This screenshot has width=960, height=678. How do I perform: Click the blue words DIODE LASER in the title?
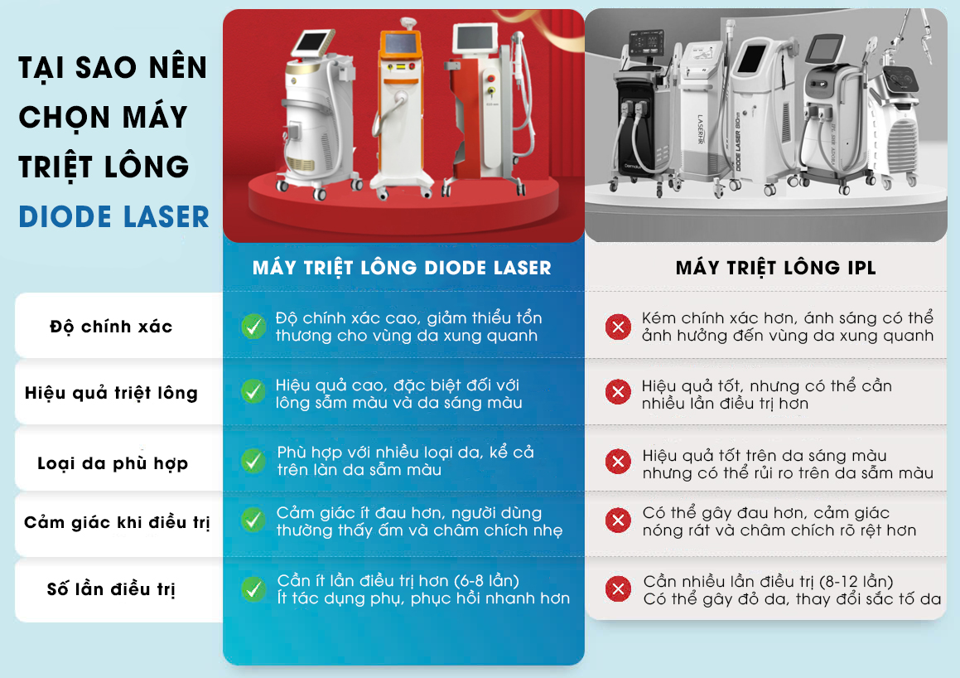[x=113, y=217]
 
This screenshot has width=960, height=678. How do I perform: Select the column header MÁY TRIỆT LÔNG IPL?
[x=776, y=268]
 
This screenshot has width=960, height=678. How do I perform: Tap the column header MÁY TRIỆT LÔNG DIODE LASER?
[x=402, y=268]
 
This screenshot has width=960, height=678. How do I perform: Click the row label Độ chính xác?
[x=111, y=327]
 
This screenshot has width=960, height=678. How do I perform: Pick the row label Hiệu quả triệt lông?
[x=111, y=393]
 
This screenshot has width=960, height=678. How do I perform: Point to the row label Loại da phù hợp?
[x=113, y=463]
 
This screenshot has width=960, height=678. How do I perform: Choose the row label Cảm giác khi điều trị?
[x=117, y=522]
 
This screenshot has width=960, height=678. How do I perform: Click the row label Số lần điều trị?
[x=111, y=589]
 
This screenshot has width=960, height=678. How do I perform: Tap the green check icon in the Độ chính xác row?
[x=253, y=327]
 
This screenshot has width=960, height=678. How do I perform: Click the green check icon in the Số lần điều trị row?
[x=253, y=589]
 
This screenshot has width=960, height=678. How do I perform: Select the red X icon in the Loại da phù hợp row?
[x=619, y=461]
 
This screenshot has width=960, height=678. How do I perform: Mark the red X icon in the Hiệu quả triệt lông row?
[x=619, y=392]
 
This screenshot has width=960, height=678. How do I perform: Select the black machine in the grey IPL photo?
[x=642, y=109]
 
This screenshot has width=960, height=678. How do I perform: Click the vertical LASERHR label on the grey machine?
[x=701, y=130]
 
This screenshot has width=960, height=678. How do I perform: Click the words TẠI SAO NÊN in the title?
[x=113, y=67]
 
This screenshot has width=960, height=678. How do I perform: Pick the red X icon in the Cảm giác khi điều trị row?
[x=619, y=521]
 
